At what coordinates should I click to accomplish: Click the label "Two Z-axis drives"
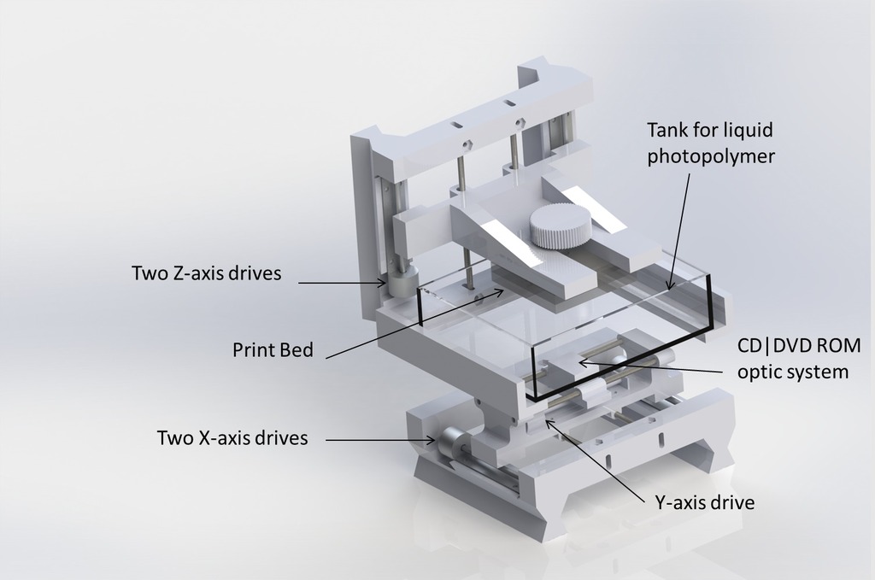[207, 273]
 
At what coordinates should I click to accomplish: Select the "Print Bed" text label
[273, 350]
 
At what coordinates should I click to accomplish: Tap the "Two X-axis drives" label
[232, 438]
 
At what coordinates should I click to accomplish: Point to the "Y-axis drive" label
[705, 503]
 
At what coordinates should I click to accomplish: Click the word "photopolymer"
[711, 156]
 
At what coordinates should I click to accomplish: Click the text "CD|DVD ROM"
[799, 346]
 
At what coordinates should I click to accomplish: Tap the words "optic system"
[793, 372]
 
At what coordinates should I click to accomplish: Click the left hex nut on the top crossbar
[467, 144]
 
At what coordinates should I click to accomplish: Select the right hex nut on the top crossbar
[520, 121]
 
